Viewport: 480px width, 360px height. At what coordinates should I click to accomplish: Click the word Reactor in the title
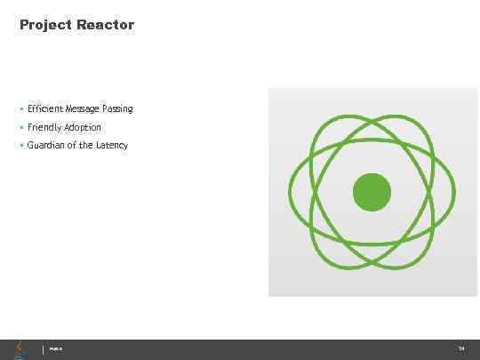coord(105,25)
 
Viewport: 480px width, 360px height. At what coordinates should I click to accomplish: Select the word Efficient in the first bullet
coord(44,108)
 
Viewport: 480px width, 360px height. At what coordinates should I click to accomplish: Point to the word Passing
coord(117,108)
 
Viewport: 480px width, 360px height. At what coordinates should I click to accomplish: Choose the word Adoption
coord(83,127)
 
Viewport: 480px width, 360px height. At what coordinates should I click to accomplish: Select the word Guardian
coord(45,145)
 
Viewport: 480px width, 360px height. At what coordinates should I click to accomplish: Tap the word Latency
coord(112,145)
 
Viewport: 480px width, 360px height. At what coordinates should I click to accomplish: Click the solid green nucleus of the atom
coord(372,192)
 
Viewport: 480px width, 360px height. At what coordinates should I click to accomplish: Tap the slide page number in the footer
coord(461,349)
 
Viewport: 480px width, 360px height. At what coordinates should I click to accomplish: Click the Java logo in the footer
coord(20,349)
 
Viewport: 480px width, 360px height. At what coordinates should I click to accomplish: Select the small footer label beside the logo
coord(54,350)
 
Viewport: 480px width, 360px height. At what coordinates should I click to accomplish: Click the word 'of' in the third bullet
coord(72,145)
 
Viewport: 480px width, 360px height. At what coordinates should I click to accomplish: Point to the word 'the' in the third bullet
coord(86,145)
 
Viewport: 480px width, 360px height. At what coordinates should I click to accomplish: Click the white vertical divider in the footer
coord(43,349)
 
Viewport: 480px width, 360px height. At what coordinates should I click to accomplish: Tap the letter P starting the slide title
coord(24,25)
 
